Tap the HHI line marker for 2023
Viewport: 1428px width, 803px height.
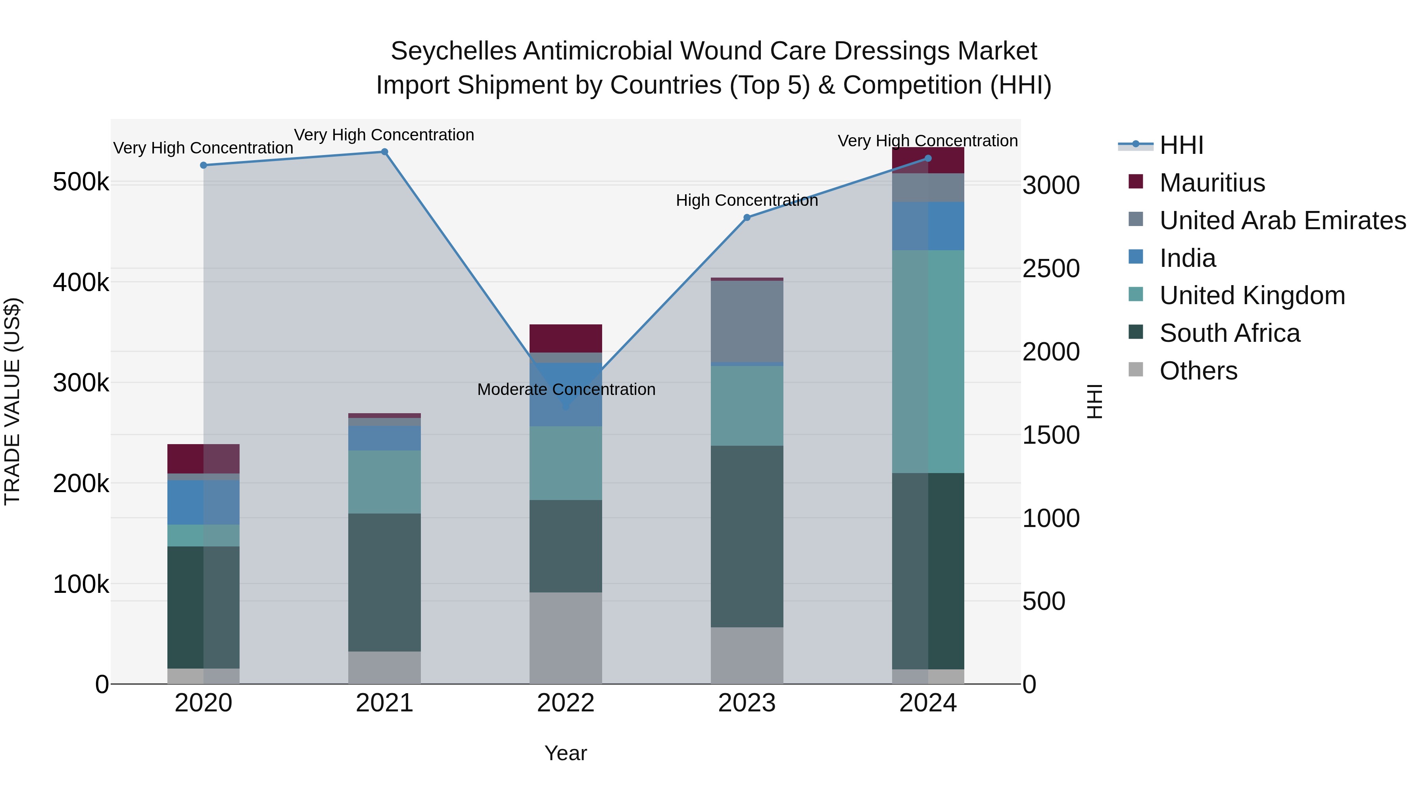pos(747,218)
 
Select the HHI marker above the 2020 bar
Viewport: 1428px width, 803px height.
pos(203,165)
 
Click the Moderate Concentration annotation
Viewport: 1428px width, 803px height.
pos(566,389)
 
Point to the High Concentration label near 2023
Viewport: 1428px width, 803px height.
pos(747,201)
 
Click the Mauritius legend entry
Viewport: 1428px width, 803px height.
pos(1212,183)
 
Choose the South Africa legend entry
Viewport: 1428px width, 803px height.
pos(1230,333)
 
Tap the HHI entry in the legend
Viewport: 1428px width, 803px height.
pos(1181,145)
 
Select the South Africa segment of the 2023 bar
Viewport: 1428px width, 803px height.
pos(747,537)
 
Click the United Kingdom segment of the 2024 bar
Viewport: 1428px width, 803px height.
pos(928,361)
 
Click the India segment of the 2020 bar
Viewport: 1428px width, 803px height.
pos(203,502)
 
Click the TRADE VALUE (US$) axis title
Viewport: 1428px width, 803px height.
pos(13,401)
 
